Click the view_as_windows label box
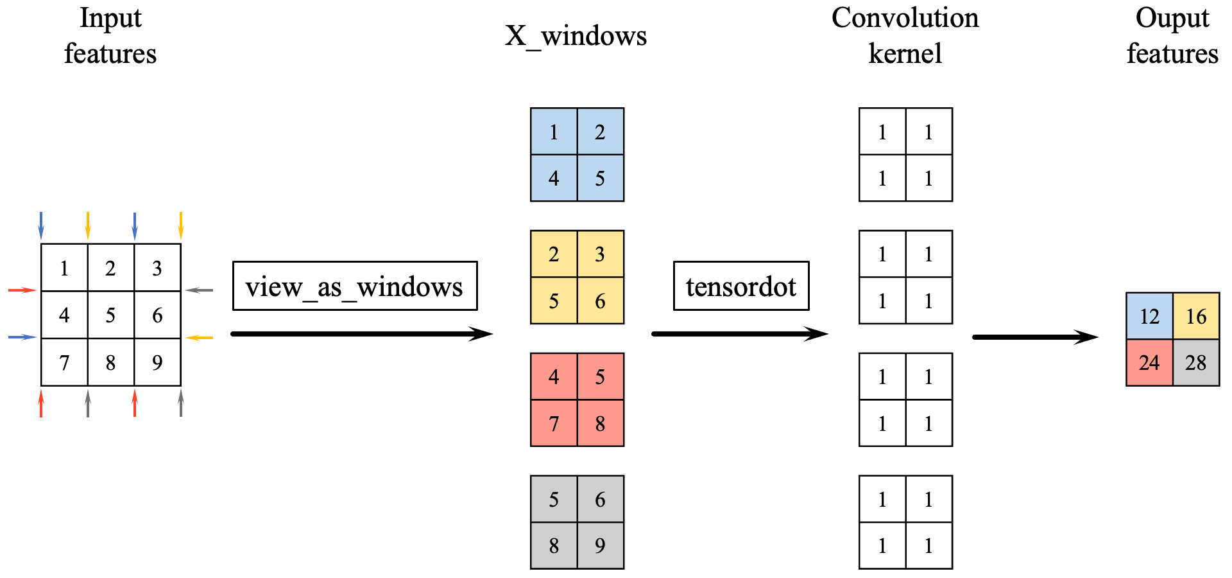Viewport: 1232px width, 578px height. click(x=354, y=286)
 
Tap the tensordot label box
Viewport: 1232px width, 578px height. click(x=740, y=286)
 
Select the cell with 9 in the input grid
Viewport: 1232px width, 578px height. click(x=157, y=362)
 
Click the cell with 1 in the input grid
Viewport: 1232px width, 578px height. click(x=64, y=268)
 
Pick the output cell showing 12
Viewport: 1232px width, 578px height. click(x=1149, y=316)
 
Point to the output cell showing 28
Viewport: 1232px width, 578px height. click(x=1196, y=363)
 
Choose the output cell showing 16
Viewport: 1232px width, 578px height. click(x=1196, y=316)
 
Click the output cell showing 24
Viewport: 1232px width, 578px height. click(x=1149, y=363)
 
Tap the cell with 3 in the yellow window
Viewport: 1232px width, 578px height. click(x=600, y=254)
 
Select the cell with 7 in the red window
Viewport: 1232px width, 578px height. click(x=554, y=423)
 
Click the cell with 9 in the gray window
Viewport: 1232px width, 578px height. click(x=600, y=545)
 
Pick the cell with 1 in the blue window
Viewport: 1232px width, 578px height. click(x=554, y=132)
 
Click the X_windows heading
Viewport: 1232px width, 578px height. click(x=576, y=35)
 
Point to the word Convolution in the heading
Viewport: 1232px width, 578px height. click(x=905, y=18)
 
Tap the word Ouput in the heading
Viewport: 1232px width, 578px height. click(x=1172, y=18)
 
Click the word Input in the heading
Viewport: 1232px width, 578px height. click(x=110, y=18)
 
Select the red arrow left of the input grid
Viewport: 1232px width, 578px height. click(x=22, y=290)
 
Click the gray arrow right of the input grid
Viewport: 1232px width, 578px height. click(x=200, y=290)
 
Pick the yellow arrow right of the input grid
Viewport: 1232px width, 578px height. click(x=200, y=337)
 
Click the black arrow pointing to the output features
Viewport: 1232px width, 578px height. click(x=1035, y=337)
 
